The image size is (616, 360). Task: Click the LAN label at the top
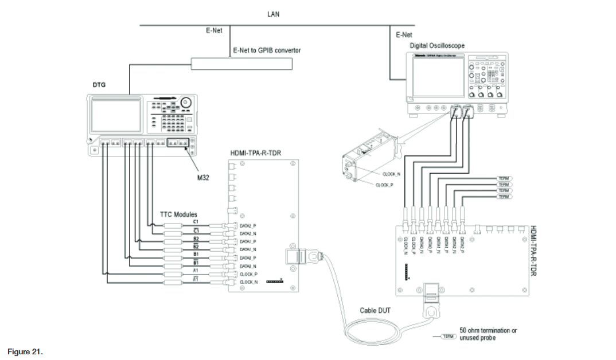point(273,14)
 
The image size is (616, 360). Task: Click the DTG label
point(99,84)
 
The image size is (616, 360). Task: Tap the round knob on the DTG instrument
point(185,103)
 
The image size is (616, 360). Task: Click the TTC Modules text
point(178,214)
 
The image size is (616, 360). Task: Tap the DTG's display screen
point(117,115)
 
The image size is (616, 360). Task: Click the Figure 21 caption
point(24,351)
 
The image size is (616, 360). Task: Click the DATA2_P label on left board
point(248,226)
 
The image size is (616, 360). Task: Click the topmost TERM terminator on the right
point(505,179)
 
